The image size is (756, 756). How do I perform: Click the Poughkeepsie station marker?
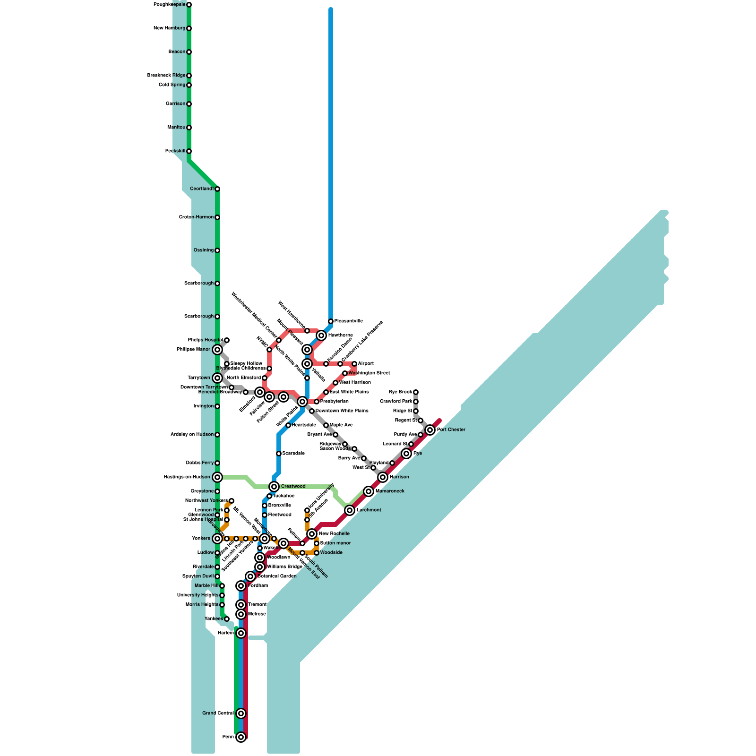[189, 5]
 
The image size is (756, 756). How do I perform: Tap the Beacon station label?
[177, 52]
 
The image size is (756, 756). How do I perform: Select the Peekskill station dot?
[189, 151]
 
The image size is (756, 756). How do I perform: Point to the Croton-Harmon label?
[196, 217]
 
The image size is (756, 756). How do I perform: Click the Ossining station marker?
[217, 250]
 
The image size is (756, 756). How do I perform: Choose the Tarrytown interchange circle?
[217, 378]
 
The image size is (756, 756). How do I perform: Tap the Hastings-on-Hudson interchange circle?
[217, 477]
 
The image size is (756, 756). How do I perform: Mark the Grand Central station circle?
[241, 713]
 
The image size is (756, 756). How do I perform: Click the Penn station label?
[228, 737]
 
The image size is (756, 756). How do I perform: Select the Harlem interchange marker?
[241, 633]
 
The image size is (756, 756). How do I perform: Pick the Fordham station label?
[258, 586]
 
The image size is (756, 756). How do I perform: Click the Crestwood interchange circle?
[274, 487]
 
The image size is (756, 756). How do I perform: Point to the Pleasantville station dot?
[331, 321]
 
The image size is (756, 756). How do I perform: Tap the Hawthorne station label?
[341, 335]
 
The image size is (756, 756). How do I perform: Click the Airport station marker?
[354, 364]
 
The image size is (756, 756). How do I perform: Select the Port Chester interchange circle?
[430, 430]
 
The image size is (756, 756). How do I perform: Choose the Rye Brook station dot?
[416, 392]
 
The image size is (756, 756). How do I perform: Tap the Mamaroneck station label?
[390, 491]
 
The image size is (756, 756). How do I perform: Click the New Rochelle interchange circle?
[312, 534]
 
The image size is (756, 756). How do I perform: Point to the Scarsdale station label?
[293, 454]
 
